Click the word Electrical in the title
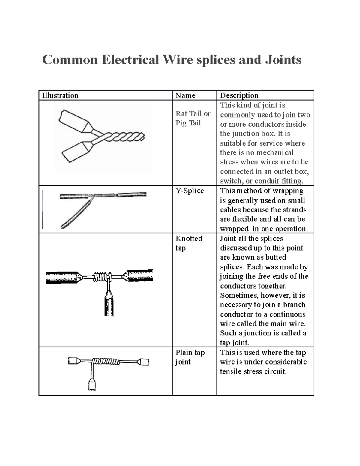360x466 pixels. click(130, 59)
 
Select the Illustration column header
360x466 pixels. click(60, 95)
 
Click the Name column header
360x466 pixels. click(185, 95)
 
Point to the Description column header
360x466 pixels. click(239, 95)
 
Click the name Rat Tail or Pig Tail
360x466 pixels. click(193, 118)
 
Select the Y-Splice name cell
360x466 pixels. click(190, 191)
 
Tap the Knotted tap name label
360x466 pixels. click(189, 243)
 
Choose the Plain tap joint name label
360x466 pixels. click(190, 357)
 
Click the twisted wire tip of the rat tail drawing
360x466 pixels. click(129, 137)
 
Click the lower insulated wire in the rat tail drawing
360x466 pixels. click(76, 152)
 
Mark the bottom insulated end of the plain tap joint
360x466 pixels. click(92, 384)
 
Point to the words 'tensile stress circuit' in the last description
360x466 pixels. click(253, 371)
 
